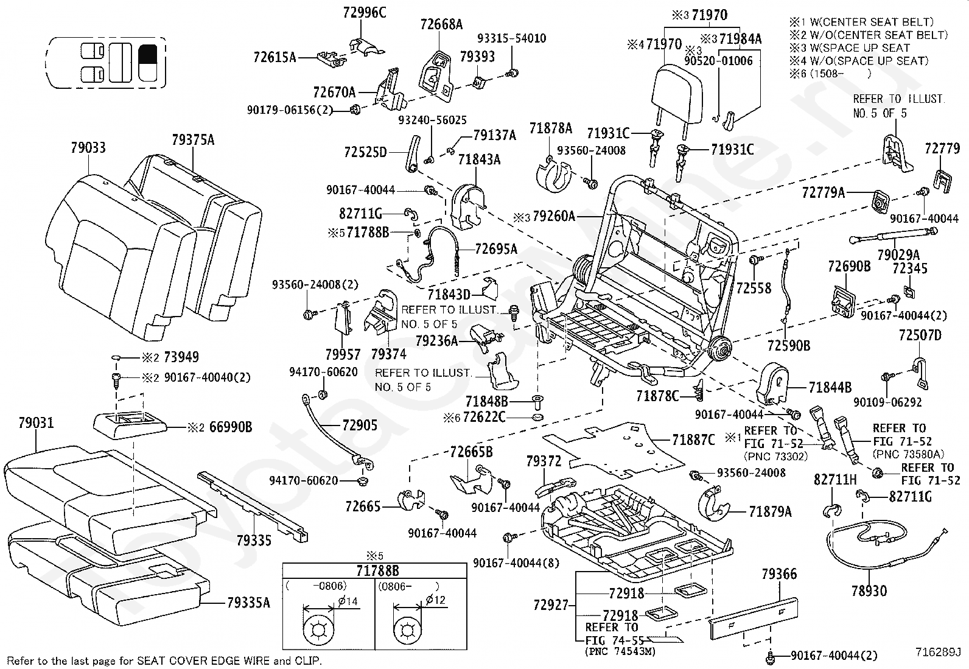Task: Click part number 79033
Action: [88, 148]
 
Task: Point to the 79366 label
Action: [779, 574]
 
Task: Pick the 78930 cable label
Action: [869, 590]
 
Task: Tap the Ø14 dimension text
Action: [348, 601]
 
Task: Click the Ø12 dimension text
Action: [436, 600]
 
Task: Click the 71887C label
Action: [693, 440]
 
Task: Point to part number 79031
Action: [36, 422]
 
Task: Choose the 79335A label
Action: [248, 603]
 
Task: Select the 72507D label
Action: [920, 335]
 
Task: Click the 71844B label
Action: [830, 388]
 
